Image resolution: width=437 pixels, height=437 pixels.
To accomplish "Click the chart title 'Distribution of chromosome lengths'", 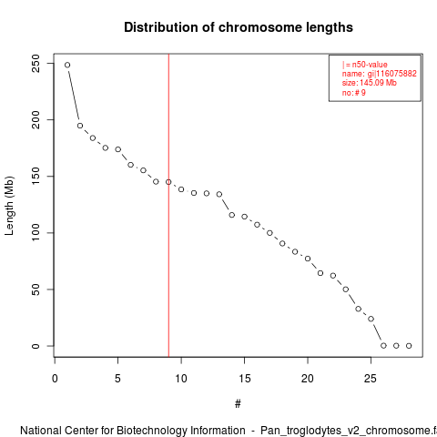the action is click(239, 27).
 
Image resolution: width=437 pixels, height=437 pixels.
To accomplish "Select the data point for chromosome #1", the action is click(67, 65).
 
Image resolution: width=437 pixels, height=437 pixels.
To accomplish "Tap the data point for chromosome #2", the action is click(80, 126).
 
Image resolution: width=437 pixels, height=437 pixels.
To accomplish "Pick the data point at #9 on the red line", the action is click(168, 182).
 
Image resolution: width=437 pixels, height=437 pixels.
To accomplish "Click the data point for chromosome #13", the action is click(219, 194).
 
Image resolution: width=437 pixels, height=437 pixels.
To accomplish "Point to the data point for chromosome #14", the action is click(232, 215).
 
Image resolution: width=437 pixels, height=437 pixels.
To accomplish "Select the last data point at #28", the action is click(409, 346).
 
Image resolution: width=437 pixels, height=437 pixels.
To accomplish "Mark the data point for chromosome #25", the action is click(371, 319).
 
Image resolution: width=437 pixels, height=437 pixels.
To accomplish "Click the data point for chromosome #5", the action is click(118, 149).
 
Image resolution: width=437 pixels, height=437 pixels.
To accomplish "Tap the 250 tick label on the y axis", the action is click(36, 64).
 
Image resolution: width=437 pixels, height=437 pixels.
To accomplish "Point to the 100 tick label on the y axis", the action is click(36, 233).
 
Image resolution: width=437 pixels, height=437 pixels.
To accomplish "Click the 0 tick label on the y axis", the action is click(36, 346).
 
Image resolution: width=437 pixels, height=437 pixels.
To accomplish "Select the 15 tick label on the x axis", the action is click(244, 379).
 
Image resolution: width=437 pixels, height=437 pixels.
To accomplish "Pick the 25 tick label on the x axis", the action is click(371, 379).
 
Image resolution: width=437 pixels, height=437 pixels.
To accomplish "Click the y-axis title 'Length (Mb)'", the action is click(9, 206).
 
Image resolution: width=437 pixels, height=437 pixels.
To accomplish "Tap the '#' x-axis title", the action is click(238, 404).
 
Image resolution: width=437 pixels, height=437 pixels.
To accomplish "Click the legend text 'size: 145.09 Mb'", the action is click(370, 83).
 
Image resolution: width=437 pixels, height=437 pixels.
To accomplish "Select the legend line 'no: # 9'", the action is click(354, 93).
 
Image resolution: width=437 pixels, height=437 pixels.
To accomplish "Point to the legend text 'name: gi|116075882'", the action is click(380, 74).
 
